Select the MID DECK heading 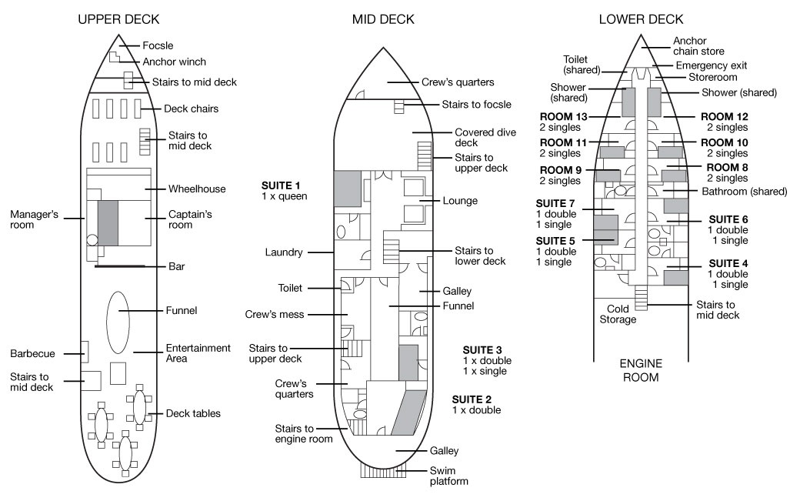[x=383, y=19]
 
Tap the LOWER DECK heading [x=641, y=19]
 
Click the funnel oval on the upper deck [x=118, y=322]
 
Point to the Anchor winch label [x=175, y=62]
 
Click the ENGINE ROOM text [x=640, y=369]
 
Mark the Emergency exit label [x=712, y=65]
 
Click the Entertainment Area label [x=198, y=353]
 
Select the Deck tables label [x=194, y=413]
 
